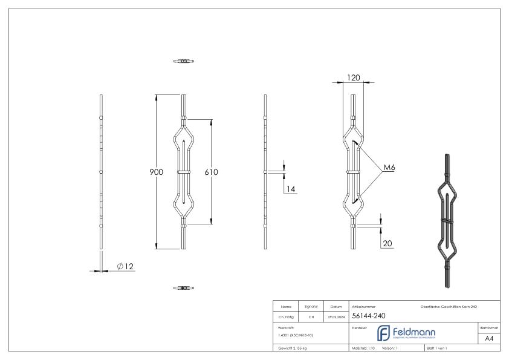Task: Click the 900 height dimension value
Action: tap(157, 172)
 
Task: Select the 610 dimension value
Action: tap(211, 172)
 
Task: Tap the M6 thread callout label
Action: tap(390, 168)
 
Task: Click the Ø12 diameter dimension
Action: tap(125, 267)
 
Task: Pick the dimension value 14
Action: tap(290, 189)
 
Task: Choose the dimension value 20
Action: tap(387, 243)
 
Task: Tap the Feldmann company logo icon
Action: tap(384, 333)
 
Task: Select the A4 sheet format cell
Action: tap(489, 338)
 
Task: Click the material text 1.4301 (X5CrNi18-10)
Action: tap(296, 335)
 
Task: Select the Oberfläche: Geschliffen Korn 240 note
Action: tap(449, 307)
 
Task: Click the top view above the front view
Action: tap(184, 61)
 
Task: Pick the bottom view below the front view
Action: tap(184, 287)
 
